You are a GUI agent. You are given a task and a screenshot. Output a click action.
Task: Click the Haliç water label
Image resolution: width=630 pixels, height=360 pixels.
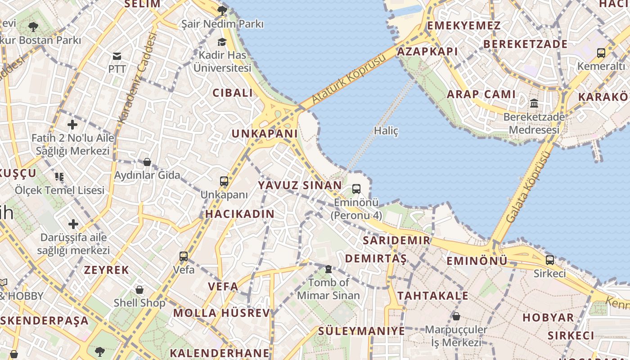(x=386, y=131)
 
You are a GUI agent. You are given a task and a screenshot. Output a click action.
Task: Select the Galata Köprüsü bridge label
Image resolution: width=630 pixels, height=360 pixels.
(x=528, y=187)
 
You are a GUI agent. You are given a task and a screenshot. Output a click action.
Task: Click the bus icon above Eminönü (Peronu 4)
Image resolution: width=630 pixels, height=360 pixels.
(x=356, y=189)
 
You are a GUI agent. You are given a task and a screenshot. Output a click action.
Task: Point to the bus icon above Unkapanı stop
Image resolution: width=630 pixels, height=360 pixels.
(x=224, y=181)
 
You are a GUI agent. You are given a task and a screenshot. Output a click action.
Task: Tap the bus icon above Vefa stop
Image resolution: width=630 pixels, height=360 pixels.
(x=184, y=256)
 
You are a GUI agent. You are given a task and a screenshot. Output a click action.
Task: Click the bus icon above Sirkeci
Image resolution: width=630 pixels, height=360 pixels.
(x=549, y=260)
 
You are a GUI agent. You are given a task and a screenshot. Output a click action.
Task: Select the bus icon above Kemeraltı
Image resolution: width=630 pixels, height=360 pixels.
(x=601, y=53)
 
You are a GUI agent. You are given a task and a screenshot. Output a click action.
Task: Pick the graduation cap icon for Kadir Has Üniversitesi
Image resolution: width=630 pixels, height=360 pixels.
(x=222, y=42)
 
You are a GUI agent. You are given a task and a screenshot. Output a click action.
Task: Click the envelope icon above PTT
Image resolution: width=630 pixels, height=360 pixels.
(x=117, y=56)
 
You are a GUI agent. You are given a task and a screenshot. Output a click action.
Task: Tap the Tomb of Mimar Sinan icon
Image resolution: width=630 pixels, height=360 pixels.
(x=328, y=269)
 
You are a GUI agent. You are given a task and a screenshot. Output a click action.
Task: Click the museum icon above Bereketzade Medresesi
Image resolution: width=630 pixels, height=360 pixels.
(x=534, y=103)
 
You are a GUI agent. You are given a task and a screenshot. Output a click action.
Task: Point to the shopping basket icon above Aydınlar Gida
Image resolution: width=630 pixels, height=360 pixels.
(x=147, y=162)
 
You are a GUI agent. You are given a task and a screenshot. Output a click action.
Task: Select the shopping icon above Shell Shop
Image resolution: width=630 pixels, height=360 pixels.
(x=139, y=289)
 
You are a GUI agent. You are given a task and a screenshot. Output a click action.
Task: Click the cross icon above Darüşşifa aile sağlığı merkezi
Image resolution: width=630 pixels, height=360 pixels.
(x=73, y=224)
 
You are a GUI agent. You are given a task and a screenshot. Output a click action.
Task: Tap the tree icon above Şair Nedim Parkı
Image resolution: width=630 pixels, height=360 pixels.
(x=222, y=10)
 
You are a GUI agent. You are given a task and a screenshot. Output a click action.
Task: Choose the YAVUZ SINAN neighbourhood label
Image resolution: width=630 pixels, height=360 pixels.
(x=300, y=185)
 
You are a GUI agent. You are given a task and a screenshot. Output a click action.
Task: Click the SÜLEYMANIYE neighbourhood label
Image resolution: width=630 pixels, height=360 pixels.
(x=361, y=331)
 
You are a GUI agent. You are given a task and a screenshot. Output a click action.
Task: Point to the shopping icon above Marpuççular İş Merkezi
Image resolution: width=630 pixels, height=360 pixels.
(x=456, y=316)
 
